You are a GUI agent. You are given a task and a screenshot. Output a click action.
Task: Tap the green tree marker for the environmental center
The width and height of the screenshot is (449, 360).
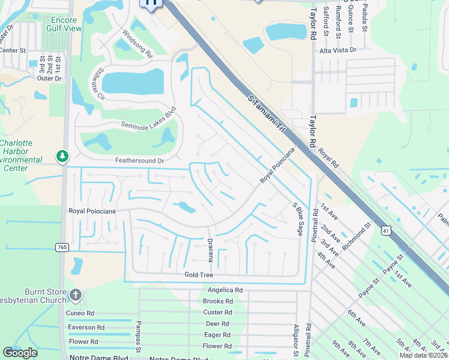(62, 156)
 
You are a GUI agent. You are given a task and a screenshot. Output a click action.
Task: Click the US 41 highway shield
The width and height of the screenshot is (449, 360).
(386, 229)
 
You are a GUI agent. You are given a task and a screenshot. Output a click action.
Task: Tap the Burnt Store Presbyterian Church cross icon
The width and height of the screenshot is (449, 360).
(75, 295)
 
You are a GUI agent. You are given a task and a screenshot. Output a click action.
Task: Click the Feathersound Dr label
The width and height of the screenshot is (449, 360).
(139, 161)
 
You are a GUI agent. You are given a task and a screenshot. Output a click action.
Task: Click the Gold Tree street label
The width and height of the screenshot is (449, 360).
(199, 274)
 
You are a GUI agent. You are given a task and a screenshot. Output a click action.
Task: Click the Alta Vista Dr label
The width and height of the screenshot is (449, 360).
(338, 50)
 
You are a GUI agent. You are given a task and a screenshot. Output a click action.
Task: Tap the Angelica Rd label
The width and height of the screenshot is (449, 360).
(222, 290)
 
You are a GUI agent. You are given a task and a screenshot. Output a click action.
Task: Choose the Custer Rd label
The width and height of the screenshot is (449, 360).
(217, 313)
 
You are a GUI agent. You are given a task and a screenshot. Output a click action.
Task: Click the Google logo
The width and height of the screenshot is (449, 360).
(20, 352)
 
